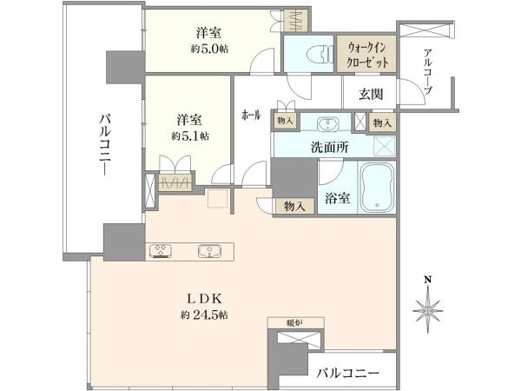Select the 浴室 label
338,198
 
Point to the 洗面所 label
330,148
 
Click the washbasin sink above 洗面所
329,122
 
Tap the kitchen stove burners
163,251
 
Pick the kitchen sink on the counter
208,251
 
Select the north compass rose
428,307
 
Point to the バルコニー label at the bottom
347,373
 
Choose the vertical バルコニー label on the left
103,143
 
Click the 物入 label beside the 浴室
293,206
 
